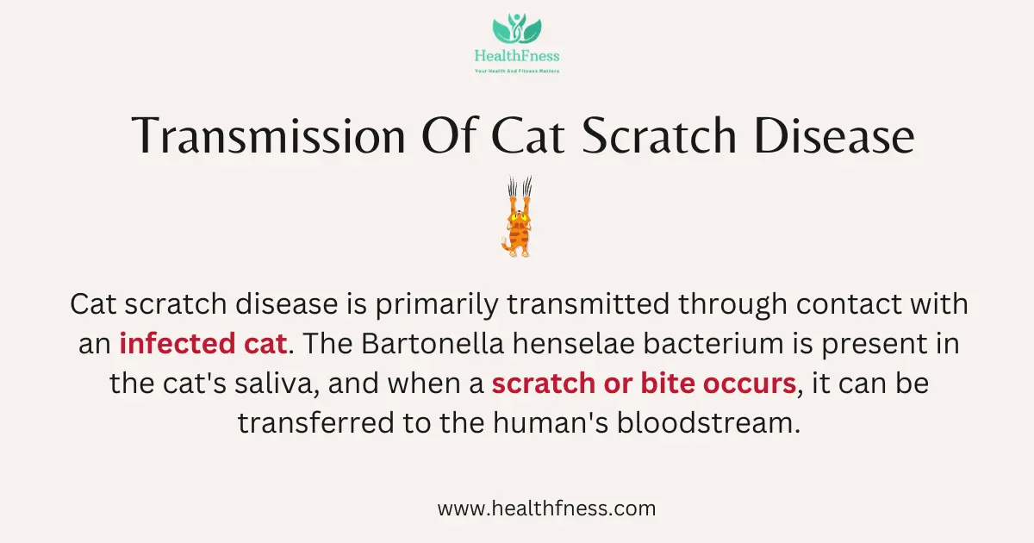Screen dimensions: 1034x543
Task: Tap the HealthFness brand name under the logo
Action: (x=517, y=56)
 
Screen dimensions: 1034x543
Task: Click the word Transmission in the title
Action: (x=268, y=136)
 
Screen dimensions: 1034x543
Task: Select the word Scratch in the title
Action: (x=659, y=136)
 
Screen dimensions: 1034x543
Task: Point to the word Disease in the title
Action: (x=834, y=136)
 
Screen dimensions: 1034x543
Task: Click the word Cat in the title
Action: (x=527, y=136)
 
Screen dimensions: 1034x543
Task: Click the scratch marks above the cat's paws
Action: (x=520, y=186)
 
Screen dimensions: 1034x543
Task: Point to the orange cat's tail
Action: (x=506, y=245)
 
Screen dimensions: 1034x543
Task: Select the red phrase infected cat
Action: (x=203, y=344)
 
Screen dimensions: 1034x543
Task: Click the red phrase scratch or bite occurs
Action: (x=644, y=384)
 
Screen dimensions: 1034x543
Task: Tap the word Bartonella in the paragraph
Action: (x=432, y=344)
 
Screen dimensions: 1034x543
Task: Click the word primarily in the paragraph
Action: (x=437, y=305)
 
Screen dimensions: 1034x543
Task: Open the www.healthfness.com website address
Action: (x=546, y=509)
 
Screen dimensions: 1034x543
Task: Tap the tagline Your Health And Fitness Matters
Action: (x=517, y=71)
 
